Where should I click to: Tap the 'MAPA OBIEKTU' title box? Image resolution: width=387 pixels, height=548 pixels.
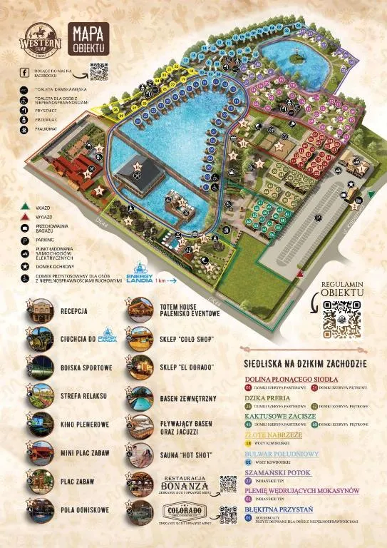coord(88,38)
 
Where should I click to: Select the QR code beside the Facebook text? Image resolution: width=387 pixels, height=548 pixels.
coord(99,72)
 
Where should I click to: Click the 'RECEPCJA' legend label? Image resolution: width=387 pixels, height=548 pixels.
coord(74,311)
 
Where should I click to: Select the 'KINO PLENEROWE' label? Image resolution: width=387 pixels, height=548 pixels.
coord(85,425)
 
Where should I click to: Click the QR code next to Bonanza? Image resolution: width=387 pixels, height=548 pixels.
coord(227,484)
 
